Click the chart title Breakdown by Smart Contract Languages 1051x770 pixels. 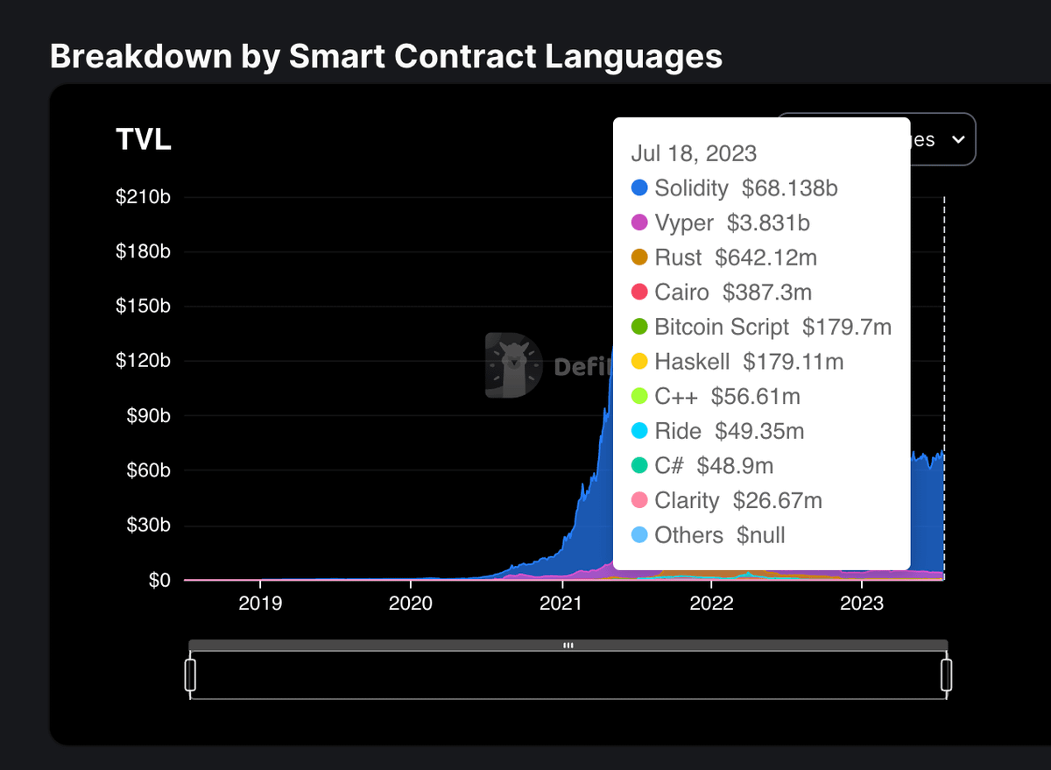(x=386, y=56)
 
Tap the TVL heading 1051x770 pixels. (x=144, y=140)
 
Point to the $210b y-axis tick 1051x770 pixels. (x=143, y=196)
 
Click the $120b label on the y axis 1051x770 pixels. (x=143, y=361)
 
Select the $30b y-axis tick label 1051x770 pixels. (x=146, y=526)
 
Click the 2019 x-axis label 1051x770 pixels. (x=259, y=604)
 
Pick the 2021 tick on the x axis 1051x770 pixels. (x=561, y=604)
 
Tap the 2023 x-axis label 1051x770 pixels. (x=862, y=604)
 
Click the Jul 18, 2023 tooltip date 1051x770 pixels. (x=694, y=153)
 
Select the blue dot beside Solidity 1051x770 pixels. (x=639, y=188)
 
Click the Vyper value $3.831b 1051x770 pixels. (x=768, y=223)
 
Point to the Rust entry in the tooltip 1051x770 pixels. (x=678, y=258)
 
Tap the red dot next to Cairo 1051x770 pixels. (x=639, y=293)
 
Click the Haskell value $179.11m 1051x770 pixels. (x=793, y=362)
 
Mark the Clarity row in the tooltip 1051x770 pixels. (x=687, y=500)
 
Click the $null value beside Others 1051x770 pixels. (x=760, y=535)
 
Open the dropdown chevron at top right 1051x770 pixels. (x=958, y=140)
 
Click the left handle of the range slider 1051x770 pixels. (x=190, y=675)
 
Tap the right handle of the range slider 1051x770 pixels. (x=946, y=675)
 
